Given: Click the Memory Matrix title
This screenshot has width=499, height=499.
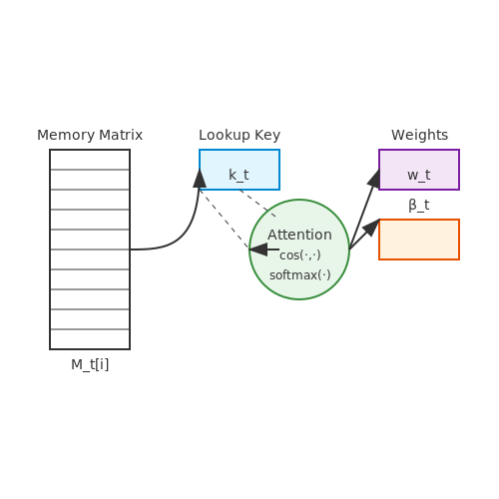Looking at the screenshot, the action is [x=90, y=135].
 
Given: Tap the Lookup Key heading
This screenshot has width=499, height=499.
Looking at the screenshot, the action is [x=240, y=135].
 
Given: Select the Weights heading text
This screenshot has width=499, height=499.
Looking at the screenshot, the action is [x=419, y=135].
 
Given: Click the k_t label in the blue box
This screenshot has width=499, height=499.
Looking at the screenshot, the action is [x=239, y=175].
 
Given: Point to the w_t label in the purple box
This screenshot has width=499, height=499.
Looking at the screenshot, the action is [x=419, y=175].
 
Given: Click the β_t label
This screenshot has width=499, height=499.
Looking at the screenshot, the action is [x=419, y=205].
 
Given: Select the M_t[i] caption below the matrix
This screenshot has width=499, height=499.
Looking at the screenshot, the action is [x=90, y=364].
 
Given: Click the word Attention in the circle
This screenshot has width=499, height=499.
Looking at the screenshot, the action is [x=299, y=235].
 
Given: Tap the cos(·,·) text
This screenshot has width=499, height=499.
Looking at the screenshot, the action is [x=300, y=255].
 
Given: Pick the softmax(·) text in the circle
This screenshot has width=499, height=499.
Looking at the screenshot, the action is [x=300, y=275].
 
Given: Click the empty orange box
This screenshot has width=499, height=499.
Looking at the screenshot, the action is [x=419, y=240].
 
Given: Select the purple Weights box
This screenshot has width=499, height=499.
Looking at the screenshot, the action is [x=419, y=170].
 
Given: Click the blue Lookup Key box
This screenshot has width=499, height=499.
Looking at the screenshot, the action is [x=240, y=170].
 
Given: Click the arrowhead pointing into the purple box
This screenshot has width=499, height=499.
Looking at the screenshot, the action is [x=374, y=179].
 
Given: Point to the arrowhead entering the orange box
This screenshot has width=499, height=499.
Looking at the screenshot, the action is [x=371, y=228].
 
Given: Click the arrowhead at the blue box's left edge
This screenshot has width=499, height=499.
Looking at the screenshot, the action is [x=200, y=179].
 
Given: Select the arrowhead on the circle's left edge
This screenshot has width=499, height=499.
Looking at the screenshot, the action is [x=258, y=249].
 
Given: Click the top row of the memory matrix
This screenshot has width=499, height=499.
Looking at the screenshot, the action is [x=90, y=160].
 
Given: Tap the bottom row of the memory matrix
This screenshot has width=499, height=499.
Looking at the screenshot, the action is [x=90, y=339].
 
